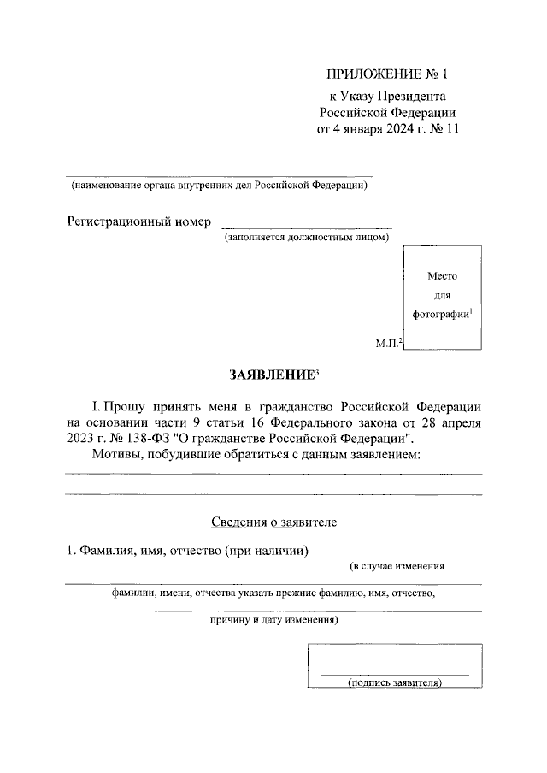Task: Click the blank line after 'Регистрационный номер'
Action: tap(307, 227)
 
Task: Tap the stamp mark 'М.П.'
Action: tap(388, 344)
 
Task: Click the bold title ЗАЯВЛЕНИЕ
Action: tap(271, 375)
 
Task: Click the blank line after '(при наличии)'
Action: tap(397, 556)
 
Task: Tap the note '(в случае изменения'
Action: tap(397, 567)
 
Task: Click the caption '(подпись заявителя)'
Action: tap(393, 683)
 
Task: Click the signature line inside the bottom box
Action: tap(393, 674)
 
